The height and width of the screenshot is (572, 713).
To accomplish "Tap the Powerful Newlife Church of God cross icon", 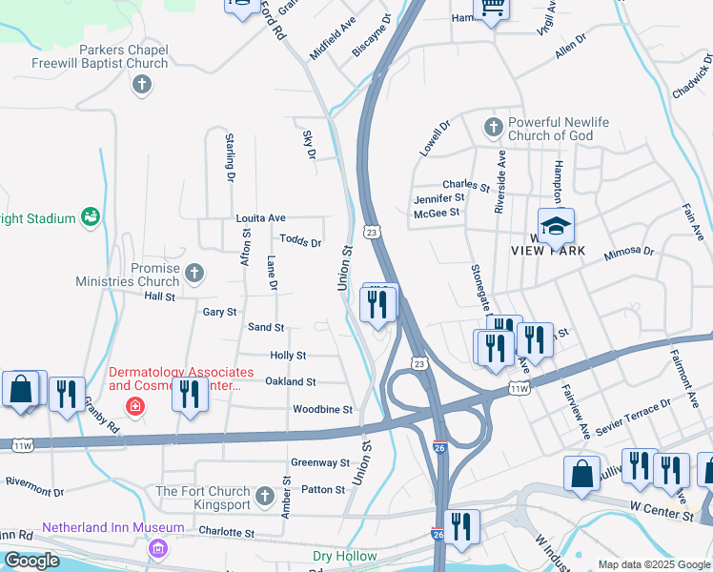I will (493, 127).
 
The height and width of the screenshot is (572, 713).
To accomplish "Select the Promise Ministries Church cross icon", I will (194, 275).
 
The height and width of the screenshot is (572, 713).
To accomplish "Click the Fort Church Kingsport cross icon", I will (264, 497).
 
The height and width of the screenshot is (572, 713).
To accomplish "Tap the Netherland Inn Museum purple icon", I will (157, 549).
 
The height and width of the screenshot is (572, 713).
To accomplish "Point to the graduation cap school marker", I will (556, 226).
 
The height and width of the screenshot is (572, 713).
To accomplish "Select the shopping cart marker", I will (493, 8).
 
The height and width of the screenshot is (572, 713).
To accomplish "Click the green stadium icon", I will (91, 218).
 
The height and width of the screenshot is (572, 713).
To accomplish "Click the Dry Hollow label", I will (346, 556).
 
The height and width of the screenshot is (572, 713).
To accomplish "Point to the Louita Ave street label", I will (261, 218).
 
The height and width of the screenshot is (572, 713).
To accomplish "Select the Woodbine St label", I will (322, 410).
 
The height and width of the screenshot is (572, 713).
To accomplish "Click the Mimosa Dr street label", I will (630, 253).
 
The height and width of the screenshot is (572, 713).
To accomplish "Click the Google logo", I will (31, 561).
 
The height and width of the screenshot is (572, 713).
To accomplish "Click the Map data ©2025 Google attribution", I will (653, 564).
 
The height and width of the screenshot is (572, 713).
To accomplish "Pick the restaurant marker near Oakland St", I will (191, 393).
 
